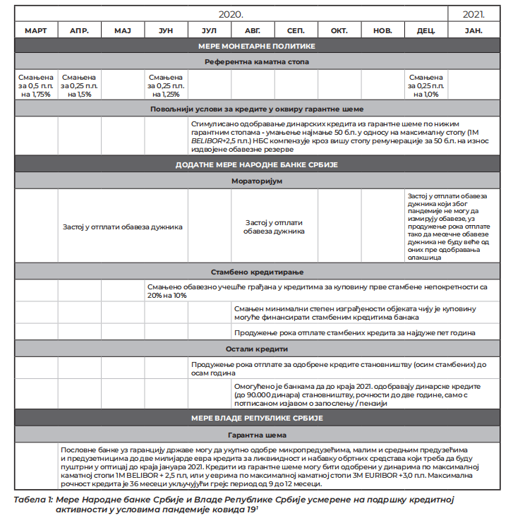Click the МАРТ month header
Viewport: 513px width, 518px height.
[36, 31]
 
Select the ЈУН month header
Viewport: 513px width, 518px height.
[166, 31]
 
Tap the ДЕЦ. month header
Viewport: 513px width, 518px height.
[426, 31]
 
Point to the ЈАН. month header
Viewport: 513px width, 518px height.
[473, 31]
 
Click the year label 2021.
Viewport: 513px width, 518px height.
[473, 14]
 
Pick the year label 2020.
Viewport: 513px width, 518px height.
[231, 14]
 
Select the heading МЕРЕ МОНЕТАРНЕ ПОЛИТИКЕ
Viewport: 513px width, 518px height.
[256, 46]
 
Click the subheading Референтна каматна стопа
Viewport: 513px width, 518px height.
[256, 62]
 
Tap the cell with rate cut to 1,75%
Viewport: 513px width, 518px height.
[36, 85]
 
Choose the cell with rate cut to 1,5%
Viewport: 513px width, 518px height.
[79, 85]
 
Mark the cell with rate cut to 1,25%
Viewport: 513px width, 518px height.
[166, 85]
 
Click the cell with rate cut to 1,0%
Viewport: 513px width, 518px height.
[426, 85]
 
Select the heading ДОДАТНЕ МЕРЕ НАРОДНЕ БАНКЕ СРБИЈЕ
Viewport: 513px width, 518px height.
[256, 164]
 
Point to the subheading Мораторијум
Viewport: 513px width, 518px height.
[256, 181]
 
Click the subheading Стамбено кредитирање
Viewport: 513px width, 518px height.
[256, 272]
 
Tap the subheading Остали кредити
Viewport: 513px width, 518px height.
[256, 349]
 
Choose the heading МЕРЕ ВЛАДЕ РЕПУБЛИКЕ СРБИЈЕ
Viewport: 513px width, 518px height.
[256, 418]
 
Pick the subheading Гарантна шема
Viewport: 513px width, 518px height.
[256, 435]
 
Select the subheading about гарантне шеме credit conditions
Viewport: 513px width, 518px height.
[256, 109]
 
